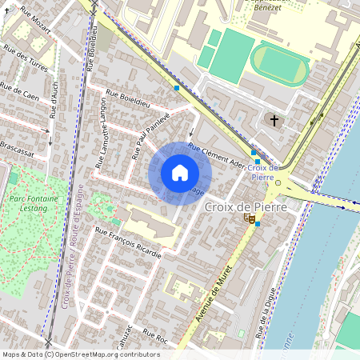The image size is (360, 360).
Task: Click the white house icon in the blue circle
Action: pos(180,173)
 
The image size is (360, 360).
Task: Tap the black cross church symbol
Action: pos(274,121)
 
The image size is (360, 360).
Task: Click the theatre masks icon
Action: pos(249,217)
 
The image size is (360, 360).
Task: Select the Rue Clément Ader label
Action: pos(215,154)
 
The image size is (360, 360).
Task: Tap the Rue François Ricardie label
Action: pos(128,242)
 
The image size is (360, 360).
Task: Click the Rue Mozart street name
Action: pos(34,21)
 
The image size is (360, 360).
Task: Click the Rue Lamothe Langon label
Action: pos(102,133)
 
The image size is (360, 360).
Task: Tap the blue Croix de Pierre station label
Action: pos(262,172)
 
